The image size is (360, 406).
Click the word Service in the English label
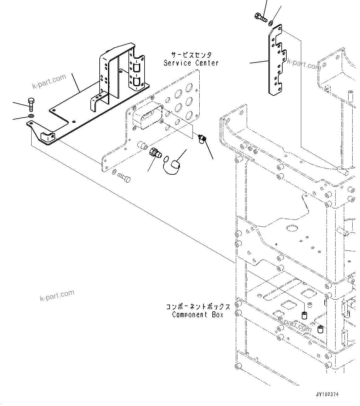[177, 63]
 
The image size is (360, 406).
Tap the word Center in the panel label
[207, 63]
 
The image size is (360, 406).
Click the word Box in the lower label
[218, 315]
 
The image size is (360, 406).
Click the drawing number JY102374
[327, 395]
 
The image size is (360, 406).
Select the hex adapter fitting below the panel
[155, 153]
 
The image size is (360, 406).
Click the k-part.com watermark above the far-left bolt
[49, 81]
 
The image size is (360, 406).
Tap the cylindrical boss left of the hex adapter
[143, 145]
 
